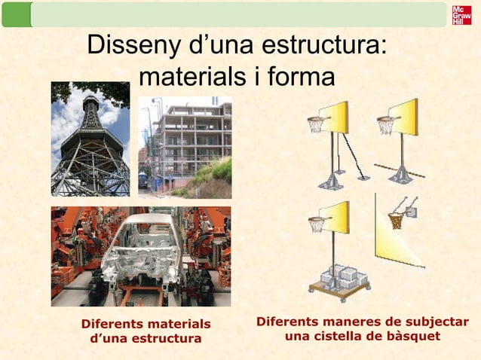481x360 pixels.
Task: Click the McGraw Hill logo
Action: point(461,15)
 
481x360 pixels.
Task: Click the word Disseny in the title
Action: point(130,46)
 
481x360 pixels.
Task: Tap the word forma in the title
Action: point(296,77)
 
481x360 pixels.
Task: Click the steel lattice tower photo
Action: point(90,139)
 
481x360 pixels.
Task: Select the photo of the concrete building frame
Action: point(185,148)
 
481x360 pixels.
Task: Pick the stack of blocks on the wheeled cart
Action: point(339,275)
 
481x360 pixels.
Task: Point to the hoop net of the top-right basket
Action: point(385,125)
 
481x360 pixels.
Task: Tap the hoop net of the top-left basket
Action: point(315,125)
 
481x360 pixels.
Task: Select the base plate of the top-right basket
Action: point(400,178)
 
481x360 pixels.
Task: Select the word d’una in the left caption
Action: point(109,338)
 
